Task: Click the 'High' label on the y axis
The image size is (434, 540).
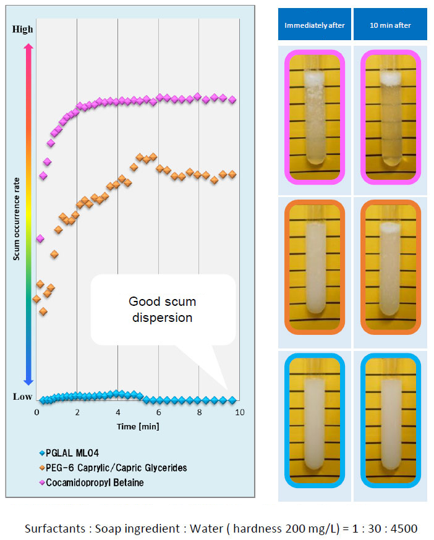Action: pyautogui.click(x=23, y=28)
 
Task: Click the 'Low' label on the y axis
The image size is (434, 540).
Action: pyautogui.click(x=23, y=397)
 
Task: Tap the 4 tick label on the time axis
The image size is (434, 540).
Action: pyautogui.click(x=117, y=412)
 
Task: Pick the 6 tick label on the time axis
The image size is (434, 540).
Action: pyautogui.click(x=158, y=412)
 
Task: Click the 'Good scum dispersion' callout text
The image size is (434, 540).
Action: pyautogui.click(x=162, y=310)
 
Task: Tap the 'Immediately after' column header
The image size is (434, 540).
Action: pyautogui.click(x=315, y=25)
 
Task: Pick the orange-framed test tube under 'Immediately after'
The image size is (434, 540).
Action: pyautogui.click(x=315, y=266)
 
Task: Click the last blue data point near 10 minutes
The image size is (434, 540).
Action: pyautogui.click(x=232, y=400)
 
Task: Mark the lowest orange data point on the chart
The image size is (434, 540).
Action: pyautogui.click(x=43, y=311)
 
